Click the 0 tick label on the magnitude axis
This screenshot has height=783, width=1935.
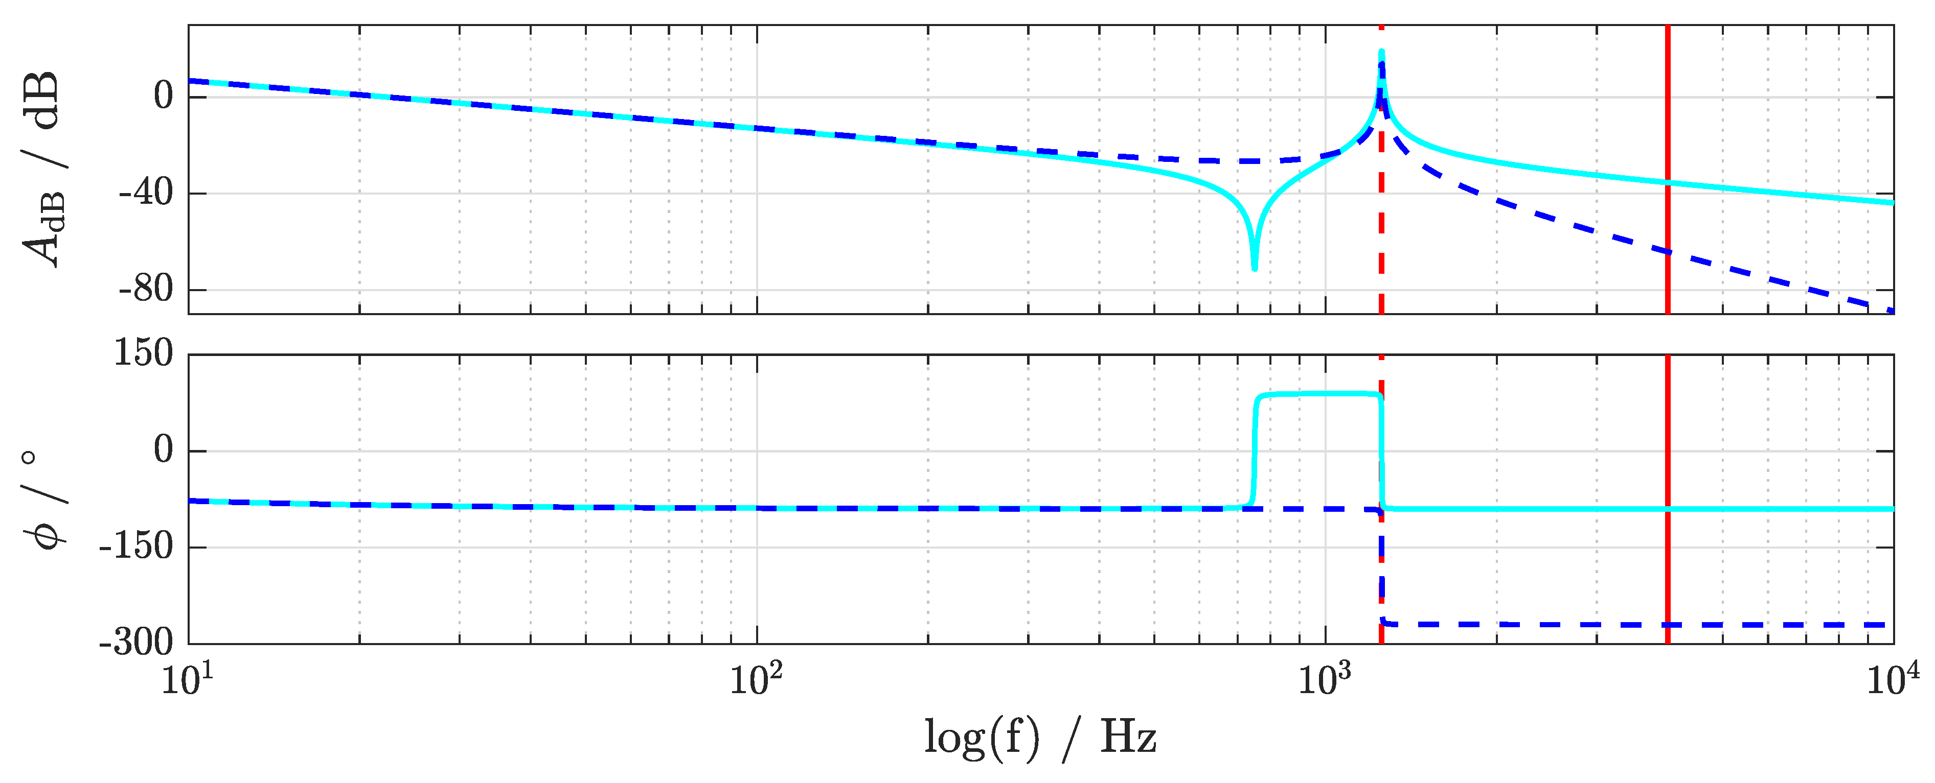click(163, 96)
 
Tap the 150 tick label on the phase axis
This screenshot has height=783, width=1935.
click(143, 353)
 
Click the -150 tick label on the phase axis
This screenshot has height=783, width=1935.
click(135, 547)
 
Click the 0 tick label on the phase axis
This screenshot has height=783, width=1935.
click(163, 450)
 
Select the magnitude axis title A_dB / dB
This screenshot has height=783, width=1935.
click(43, 169)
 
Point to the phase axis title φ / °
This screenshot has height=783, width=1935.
click(43, 499)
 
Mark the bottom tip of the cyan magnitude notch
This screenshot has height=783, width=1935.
click(1254, 267)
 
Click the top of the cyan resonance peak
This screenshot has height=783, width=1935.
click(1381, 53)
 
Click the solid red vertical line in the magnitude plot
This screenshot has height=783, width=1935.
click(1667, 112)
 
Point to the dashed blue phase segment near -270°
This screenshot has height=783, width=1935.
click(1578, 624)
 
